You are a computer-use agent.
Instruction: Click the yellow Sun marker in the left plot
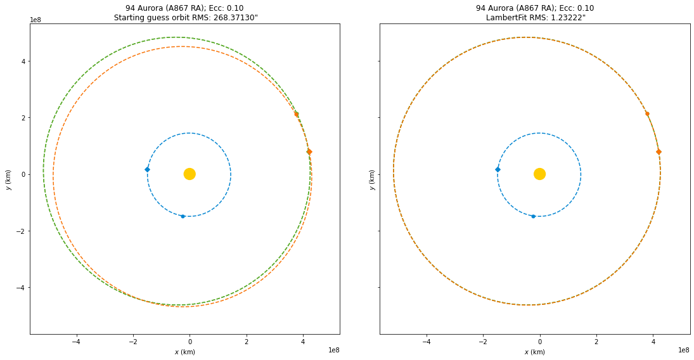coord(189,174)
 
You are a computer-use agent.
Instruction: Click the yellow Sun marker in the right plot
coord(539,174)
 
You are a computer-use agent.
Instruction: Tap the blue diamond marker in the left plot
coord(147,169)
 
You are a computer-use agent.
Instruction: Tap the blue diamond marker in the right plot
coord(498,169)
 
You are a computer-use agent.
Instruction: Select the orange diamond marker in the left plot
coord(309,151)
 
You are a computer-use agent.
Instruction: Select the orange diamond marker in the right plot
coord(659,151)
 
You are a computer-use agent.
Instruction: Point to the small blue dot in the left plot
coord(183,216)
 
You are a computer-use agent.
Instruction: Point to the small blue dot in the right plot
coord(533,216)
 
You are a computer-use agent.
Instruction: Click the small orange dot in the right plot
coord(647,113)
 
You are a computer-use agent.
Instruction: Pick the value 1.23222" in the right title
coord(564,17)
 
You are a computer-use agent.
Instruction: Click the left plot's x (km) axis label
coord(184,352)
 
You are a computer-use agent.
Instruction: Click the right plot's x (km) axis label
coord(535,352)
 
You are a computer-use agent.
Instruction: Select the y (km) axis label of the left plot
coord(8,179)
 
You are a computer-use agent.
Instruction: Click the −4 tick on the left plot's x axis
coord(76,342)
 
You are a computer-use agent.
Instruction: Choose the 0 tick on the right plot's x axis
coord(539,342)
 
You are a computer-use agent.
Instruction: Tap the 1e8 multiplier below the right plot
coord(683,350)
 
